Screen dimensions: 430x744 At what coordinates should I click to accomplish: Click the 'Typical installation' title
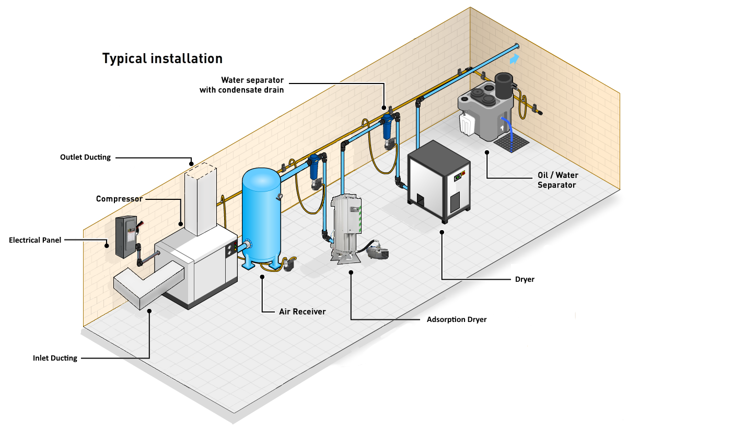tap(162, 58)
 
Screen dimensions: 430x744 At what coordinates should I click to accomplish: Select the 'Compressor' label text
tap(119, 199)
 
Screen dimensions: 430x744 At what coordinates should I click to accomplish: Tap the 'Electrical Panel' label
tap(35, 240)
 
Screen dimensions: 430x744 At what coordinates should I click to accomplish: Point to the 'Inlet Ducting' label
tap(55, 358)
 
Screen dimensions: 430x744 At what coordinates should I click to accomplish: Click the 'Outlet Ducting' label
tap(85, 157)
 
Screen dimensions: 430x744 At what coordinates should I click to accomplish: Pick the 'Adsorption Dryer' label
tap(457, 319)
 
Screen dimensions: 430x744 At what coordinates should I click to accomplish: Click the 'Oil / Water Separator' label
tap(557, 180)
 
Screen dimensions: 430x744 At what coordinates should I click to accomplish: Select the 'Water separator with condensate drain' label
tap(241, 85)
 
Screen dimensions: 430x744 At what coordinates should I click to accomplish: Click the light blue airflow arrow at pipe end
tap(515, 59)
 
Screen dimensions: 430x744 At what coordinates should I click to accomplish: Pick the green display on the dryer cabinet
tap(459, 176)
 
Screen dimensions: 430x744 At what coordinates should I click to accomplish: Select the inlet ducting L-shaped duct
tap(149, 284)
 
